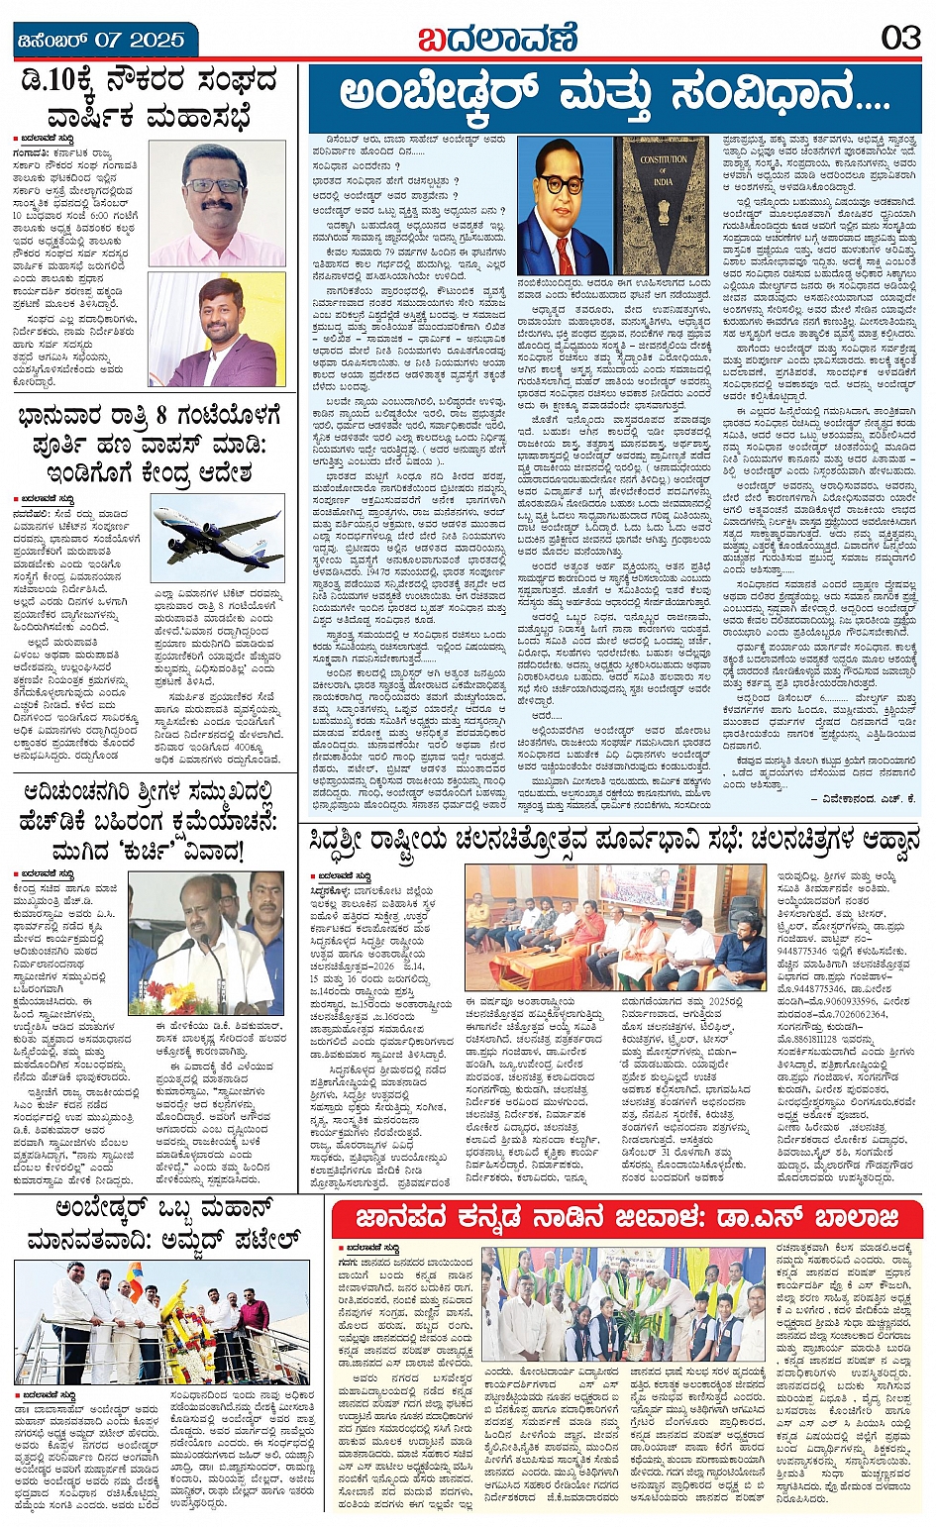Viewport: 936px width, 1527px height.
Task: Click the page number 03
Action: pos(900,38)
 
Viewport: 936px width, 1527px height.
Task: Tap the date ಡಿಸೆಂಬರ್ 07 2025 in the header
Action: pos(101,41)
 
